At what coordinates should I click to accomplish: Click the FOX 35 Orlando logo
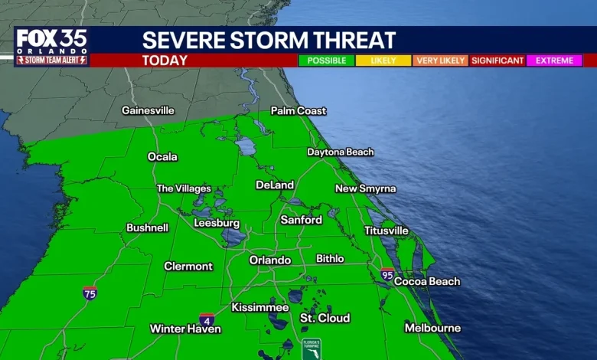(x=51, y=47)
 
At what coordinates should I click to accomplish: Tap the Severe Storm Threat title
(x=269, y=41)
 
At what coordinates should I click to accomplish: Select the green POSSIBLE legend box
(x=326, y=61)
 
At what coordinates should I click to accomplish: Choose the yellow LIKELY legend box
(x=383, y=61)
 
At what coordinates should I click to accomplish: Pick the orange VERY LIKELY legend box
(x=440, y=61)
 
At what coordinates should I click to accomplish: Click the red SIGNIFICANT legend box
(x=497, y=61)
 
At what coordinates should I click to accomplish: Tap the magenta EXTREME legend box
(x=554, y=61)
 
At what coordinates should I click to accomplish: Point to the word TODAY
(x=165, y=60)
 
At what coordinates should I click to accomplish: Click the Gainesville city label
(x=148, y=110)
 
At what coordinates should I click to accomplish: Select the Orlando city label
(x=270, y=260)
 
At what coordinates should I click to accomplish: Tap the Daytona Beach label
(x=341, y=152)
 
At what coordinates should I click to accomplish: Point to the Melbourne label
(x=432, y=329)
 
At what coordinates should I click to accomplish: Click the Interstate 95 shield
(x=388, y=274)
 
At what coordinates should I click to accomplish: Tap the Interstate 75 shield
(x=90, y=293)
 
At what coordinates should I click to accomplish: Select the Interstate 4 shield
(x=207, y=319)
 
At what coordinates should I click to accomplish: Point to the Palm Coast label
(x=298, y=111)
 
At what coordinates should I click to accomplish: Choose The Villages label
(x=184, y=188)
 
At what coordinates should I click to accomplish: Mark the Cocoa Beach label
(x=427, y=281)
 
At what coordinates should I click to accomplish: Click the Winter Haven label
(x=185, y=329)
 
